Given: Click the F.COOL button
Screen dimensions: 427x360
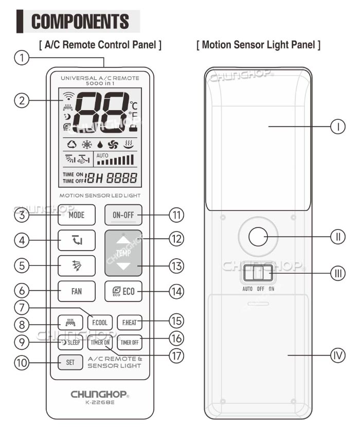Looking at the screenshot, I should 99,323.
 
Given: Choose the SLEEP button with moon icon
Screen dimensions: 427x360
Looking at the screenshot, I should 70,342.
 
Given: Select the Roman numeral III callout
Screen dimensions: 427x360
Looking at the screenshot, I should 337,273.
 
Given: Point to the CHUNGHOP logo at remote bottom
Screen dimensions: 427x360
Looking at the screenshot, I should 100,395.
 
